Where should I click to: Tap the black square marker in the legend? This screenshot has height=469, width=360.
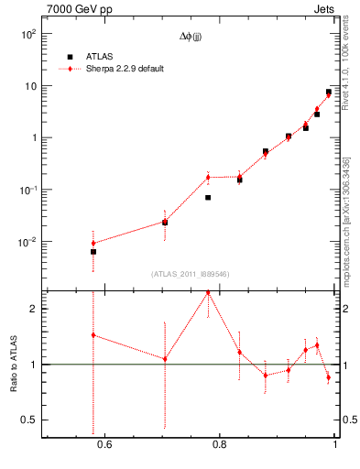coord(70,57)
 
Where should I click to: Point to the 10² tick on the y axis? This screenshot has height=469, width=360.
coord(28,34)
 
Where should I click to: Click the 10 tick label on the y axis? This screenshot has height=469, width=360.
coord(30,86)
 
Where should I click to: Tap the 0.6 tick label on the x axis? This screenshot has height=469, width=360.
coord(104,445)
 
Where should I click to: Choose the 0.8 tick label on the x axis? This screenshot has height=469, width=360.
coord(219,445)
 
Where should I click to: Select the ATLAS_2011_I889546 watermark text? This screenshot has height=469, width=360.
coord(191,274)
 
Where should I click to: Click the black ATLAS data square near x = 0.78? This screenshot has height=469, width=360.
coord(208,197)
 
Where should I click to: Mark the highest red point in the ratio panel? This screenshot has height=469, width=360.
coord(208,292)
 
